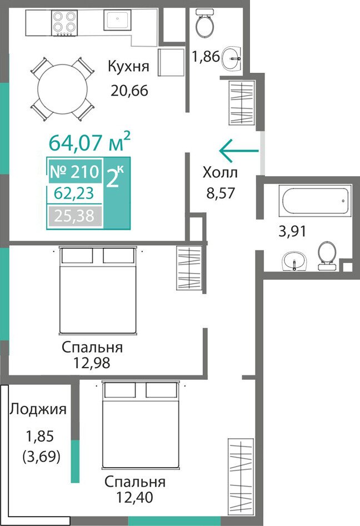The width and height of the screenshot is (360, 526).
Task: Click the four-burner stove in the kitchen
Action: [x=64, y=22]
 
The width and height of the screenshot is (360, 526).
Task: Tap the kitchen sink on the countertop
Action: [x=117, y=20]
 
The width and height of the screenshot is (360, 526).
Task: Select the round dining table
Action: [x=62, y=89]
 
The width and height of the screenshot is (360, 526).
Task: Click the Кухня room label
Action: [x=128, y=66]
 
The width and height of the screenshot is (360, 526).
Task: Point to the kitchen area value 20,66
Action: [x=129, y=91]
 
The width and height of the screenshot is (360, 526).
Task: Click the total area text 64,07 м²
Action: [x=89, y=142]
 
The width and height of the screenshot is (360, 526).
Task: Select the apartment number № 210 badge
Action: [x=75, y=171]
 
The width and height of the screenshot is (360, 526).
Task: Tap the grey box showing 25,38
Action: [x=75, y=216]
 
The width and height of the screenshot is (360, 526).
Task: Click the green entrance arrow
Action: [x=239, y=151]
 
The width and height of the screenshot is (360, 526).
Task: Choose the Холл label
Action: [x=220, y=173]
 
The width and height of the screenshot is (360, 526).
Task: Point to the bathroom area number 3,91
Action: [x=292, y=231]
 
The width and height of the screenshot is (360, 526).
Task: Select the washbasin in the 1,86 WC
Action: [x=231, y=58]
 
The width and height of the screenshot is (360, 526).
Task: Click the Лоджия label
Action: [x=38, y=410]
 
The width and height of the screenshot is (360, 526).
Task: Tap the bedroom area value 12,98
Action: [x=92, y=363]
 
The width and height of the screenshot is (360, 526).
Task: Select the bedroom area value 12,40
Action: [x=135, y=497]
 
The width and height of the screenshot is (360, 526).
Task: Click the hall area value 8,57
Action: [x=221, y=193]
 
